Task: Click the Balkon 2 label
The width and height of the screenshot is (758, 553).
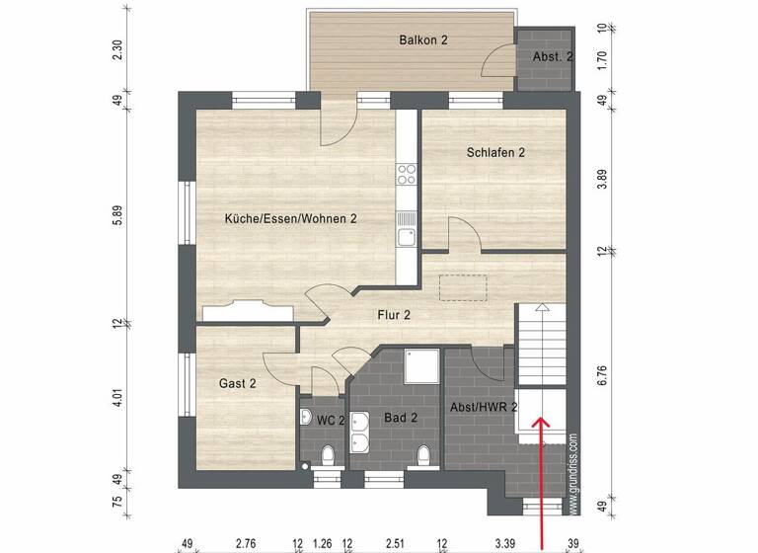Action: coord(423,40)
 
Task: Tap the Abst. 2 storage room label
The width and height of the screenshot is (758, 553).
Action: coord(553,57)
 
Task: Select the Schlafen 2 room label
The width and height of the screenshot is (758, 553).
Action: coord(495,152)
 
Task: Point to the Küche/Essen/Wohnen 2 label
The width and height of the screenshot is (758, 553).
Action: coord(290,219)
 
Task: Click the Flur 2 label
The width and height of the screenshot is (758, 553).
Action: coord(394,315)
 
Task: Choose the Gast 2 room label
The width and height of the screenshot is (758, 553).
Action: coord(237,383)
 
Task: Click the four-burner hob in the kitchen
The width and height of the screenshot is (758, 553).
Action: coord(407,176)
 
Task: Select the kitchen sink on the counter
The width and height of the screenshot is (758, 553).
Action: coord(407,235)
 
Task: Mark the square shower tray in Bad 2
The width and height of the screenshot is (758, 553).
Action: coord(422,366)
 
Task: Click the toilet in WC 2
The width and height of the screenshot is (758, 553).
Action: coord(327,454)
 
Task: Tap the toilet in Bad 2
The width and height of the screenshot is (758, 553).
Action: coord(423,455)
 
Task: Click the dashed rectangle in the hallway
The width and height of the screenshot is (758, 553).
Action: coord(464,286)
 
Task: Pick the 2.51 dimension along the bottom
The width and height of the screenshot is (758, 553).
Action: coord(394,543)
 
